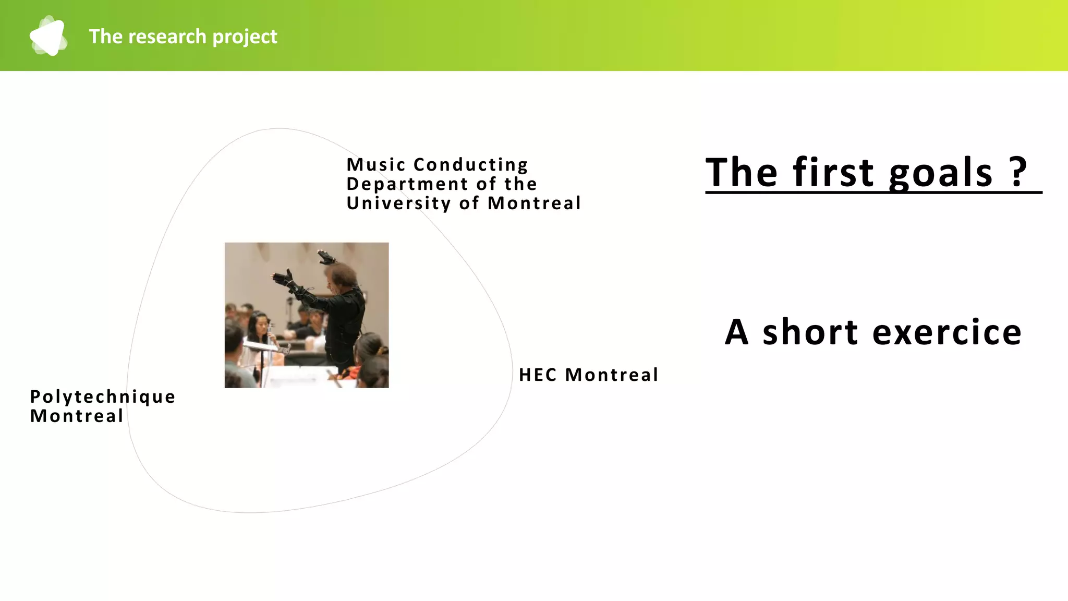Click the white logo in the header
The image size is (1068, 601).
48,36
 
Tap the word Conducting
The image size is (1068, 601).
470,165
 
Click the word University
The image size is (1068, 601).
398,203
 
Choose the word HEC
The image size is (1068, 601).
538,375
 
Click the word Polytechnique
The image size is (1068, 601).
103,397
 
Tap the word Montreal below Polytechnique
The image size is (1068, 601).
77,416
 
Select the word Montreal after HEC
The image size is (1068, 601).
612,375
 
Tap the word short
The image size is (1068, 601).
810,332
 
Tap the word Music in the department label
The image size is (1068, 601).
376,165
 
